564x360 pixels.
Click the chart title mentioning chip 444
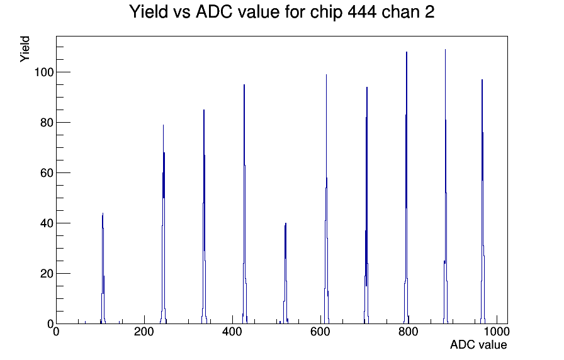pos(281,11)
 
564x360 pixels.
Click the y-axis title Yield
pos(25,49)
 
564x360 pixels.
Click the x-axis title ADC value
pos(478,344)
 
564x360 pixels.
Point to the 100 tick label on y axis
pos(44,72)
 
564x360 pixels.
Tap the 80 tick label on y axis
pos(47,123)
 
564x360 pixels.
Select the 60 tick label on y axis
pos(47,173)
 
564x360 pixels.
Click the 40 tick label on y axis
pos(47,223)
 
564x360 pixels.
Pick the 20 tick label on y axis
pos(47,274)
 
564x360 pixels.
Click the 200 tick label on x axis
pos(144,331)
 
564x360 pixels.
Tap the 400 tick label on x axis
pos(232,331)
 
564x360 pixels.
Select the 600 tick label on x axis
pos(320,331)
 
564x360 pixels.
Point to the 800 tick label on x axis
pos(409,331)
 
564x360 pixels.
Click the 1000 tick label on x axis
pos(497,331)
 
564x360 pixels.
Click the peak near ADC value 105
pos(103,268)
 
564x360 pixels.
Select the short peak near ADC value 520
pos(286,273)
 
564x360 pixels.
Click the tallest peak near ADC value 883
pos(445,186)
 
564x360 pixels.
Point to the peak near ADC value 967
pos(482,201)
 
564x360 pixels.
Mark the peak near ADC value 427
pos(244,204)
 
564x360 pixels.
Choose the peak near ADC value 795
pos(407,188)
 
